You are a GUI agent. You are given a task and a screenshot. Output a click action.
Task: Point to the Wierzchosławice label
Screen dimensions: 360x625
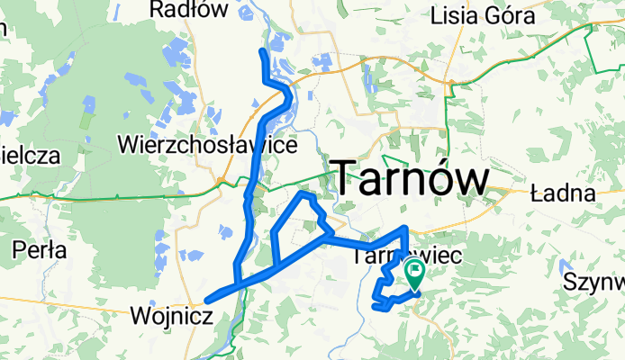coord(207,144)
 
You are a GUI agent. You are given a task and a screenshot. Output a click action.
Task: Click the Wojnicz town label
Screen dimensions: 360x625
coord(171,316)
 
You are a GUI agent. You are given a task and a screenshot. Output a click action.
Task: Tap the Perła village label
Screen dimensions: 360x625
coord(40,250)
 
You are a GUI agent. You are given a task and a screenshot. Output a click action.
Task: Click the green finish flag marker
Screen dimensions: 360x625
coord(415,274)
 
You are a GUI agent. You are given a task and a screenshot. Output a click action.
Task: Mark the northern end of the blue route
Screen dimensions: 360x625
coord(262,51)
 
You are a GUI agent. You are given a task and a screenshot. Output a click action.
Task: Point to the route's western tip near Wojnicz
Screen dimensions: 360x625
coord(207,301)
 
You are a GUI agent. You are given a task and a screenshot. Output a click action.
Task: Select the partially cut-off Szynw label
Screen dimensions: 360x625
coord(594,282)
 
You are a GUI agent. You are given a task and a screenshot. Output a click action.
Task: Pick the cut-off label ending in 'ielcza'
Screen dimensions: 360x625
coord(30,155)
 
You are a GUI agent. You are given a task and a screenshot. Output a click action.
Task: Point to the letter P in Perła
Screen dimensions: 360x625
coord(20,250)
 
